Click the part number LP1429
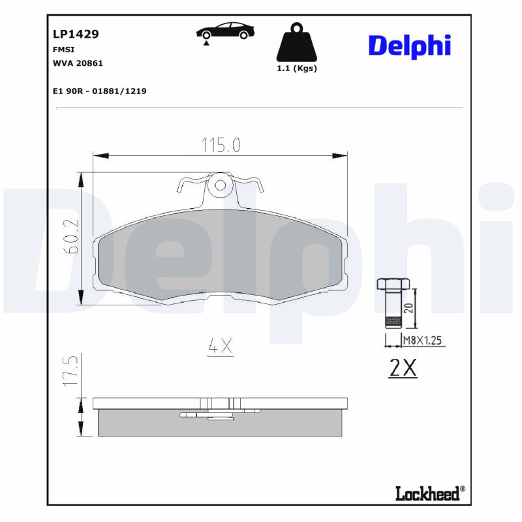coord(76,35)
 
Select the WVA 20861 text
coord(78,63)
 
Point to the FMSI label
coord(63,50)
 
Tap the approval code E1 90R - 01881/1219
coord(99,91)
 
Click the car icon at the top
coord(226,32)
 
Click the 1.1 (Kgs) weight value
coord(297,69)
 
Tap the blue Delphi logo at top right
coord(409,46)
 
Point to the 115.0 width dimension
coord(220,145)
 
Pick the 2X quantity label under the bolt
coord(403,369)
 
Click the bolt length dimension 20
coord(409,307)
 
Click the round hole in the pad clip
coord(221,185)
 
